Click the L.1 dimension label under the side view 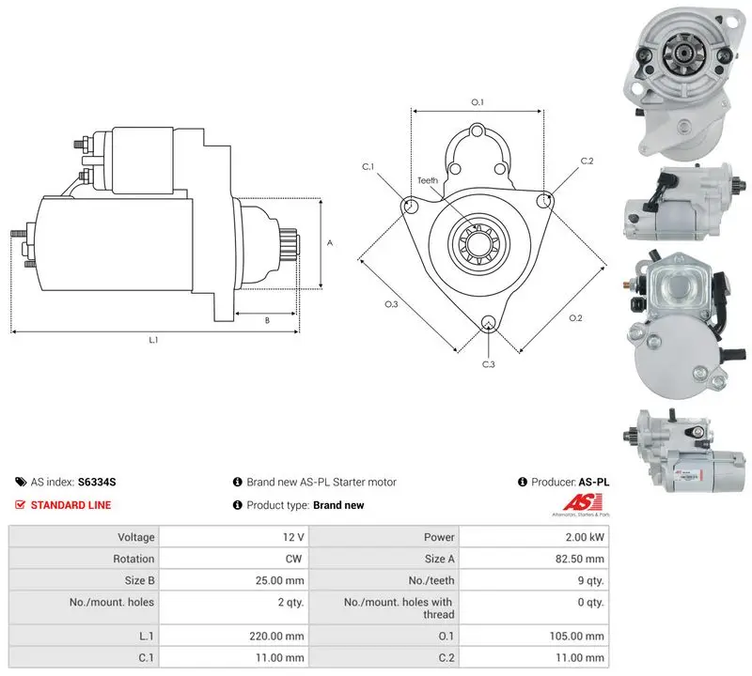pos(153,340)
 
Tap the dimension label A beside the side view pos(330,243)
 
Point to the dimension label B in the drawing pos(267,320)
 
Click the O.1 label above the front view pos(478,102)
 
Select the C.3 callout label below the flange pos(488,364)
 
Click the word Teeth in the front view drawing pos(428,180)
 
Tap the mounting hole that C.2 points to pos(543,200)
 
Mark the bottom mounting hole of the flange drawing pos(488,322)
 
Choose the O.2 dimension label pos(575,317)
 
